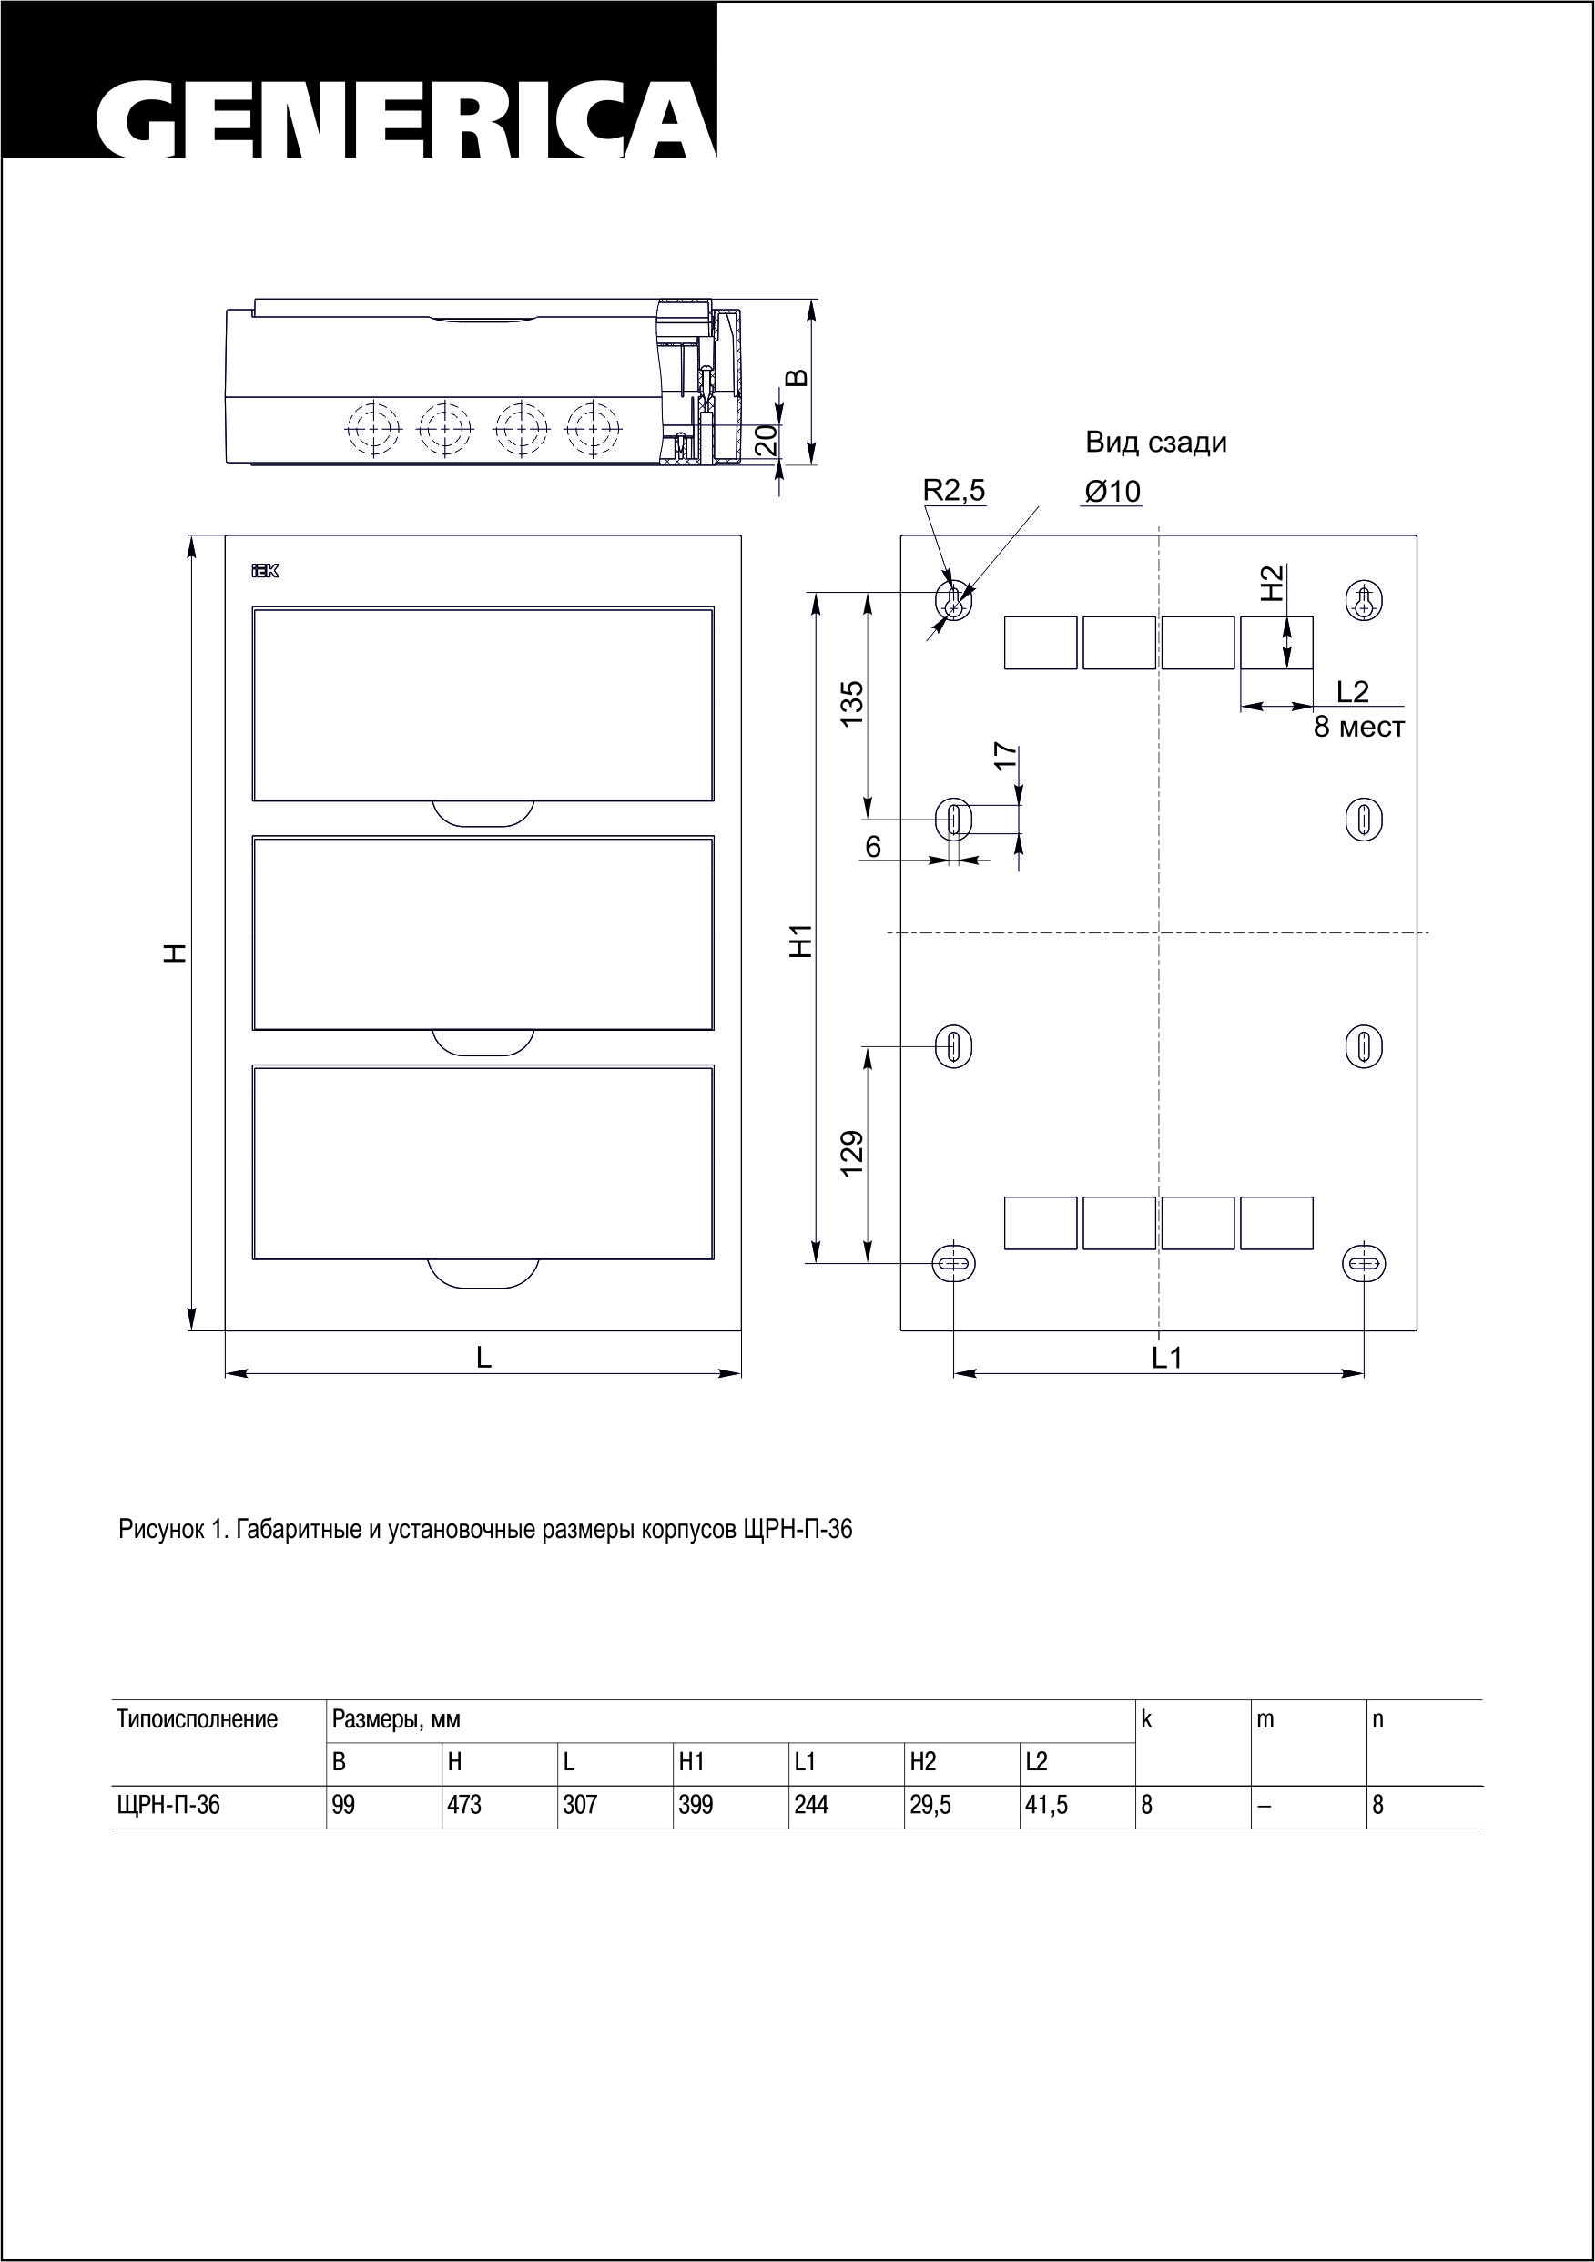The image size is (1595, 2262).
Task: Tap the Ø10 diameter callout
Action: click(x=1112, y=492)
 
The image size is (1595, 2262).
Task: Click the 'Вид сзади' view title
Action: click(x=1155, y=443)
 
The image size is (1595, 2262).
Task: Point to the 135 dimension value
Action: click(x=851, y=703)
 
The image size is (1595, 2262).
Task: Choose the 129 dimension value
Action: click(x=851, y=1151)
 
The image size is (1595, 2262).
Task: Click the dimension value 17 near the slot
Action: click(x=1004, y=756)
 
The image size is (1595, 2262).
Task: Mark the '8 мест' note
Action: click(x=1358, y=729)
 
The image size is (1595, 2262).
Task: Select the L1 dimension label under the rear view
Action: click(x=1167, y=1358)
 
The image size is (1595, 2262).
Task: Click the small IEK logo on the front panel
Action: click(x=266, y=571)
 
